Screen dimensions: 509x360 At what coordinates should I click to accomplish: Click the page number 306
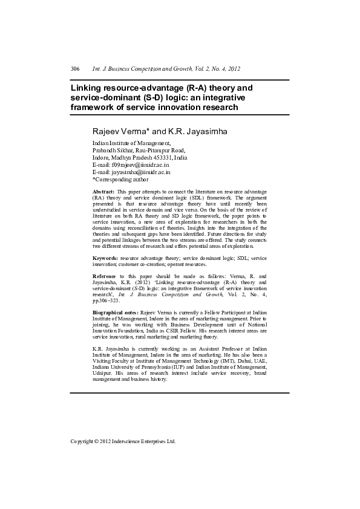[x=75, y=70]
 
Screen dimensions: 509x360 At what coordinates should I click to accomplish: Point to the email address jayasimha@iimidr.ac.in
[x=142, y=172]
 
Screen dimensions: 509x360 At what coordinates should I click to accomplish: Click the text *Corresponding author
[x=120, y=179]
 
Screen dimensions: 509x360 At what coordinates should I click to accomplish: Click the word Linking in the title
[x=89, y=88]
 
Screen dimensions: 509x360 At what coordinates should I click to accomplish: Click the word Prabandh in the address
[x=105, y=150]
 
